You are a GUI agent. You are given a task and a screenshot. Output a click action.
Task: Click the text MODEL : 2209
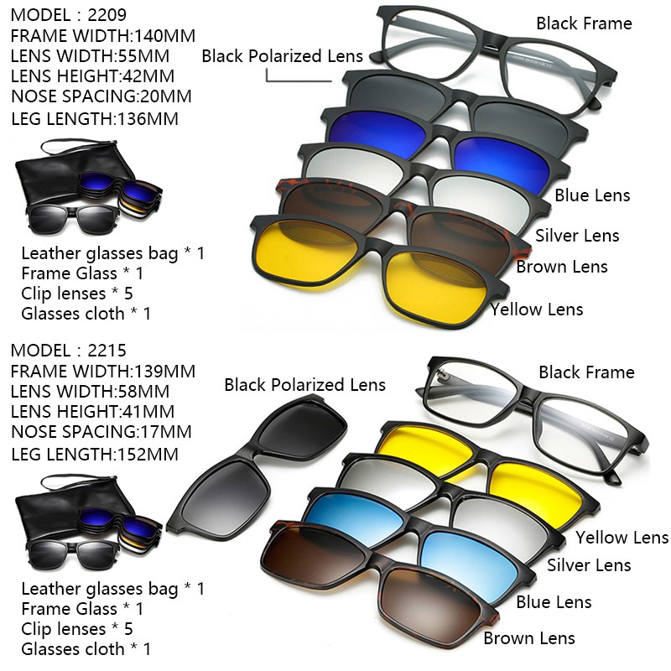pos(69,15)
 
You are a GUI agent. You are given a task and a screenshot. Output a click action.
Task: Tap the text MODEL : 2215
pos(69,351)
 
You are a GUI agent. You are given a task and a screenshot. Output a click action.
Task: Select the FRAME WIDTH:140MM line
pos(103,35)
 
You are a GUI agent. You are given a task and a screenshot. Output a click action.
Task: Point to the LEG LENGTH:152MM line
pos(95,454)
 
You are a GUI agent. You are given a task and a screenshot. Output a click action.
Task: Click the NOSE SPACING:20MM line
pos(101,96)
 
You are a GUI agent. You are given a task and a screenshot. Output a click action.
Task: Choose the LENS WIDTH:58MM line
pos(91,391)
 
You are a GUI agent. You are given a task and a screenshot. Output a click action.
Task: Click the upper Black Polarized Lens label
pos(283,56)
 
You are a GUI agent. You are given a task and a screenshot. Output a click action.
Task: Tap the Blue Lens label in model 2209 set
pos(592,195)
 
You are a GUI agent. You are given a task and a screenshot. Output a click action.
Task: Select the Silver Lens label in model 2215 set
pos(589,564)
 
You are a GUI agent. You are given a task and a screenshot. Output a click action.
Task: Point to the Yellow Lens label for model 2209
pos(537,309)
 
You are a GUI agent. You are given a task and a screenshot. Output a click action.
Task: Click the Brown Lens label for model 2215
pos(529,638)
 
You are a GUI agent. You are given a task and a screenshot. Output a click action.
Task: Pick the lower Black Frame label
pos(586,372)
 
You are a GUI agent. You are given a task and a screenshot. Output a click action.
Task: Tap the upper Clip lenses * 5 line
pos(77,294)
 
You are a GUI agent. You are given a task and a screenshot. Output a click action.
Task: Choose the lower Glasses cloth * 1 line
pos(86,648)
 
